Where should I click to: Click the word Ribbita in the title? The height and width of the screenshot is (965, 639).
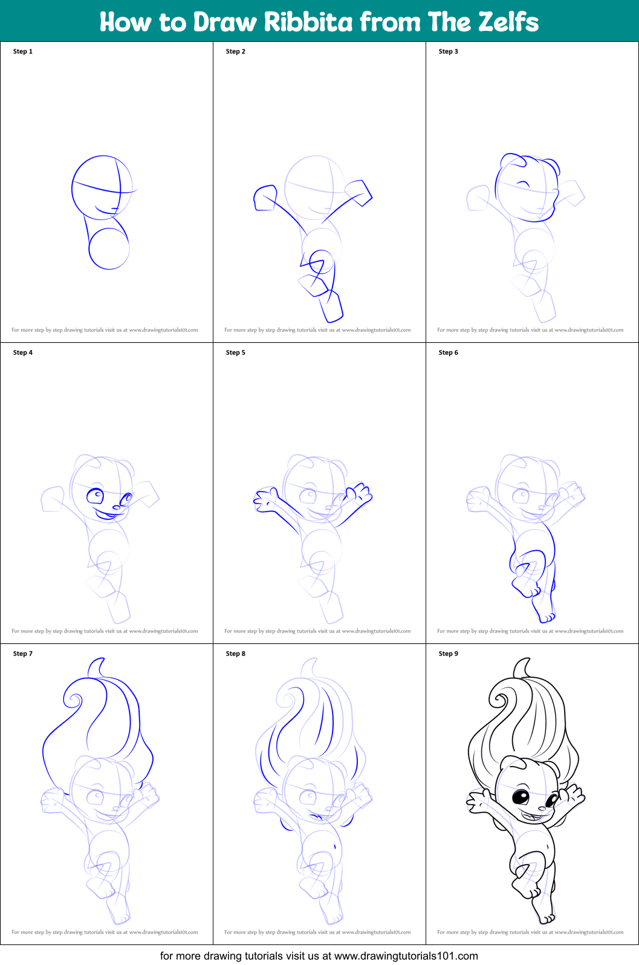[x=308, y=22]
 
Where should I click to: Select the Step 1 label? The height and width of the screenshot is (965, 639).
[x=23, y=51]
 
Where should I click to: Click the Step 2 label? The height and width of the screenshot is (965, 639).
[x=236, y=51]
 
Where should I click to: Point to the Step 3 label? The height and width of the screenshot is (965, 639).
[x=449, y=51]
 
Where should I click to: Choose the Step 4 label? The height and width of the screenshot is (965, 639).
[x=23, y=353]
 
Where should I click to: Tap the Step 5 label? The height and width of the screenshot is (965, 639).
[x=236, y=353]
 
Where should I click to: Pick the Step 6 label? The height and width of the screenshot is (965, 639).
[x=449, y=353]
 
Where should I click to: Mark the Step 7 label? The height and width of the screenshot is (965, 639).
[x=23, y=654]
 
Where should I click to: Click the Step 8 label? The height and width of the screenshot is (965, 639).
[x=236, y=654]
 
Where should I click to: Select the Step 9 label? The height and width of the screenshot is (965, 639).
[x=449, y=654]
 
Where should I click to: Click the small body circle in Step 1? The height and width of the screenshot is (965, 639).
[x=109, y=249]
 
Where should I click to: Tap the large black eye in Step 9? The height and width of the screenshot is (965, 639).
[x=521, y=797]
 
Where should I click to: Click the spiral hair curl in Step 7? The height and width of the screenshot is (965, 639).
[x=74, y=700]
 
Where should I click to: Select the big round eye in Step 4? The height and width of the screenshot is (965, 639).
[x=96, y=497]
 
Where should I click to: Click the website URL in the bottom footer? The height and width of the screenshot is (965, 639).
[x=406, y=956]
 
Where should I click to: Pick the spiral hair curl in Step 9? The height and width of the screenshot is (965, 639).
[x=499, y=700]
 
